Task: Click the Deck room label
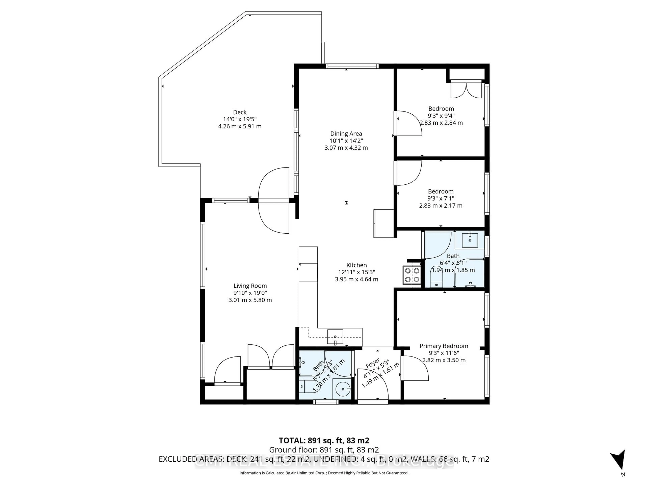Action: (x=240, y=112)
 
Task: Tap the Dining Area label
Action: (x=346, y=134)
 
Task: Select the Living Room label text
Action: (x=250, y=286)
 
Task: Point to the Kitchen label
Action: (x=357, y=265)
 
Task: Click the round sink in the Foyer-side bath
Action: (x=342, y=389)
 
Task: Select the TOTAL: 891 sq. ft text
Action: (x=324, y=440)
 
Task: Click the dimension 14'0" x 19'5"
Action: (x=240, y=119)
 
